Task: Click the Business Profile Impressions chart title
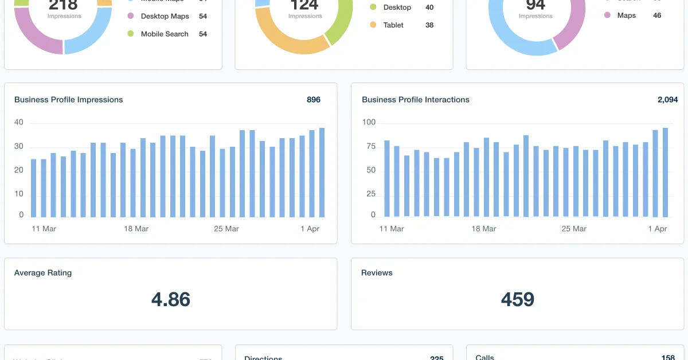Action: pos(68,100)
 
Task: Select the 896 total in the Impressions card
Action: pos(313,100)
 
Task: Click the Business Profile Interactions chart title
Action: pos(415,100)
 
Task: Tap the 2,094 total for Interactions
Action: pos(667,100)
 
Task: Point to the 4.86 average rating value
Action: pos(170,299)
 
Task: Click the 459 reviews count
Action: pos(517,299)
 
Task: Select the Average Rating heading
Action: pos(43,273)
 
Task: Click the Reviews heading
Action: pos(377,273)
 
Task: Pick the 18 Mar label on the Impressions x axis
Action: pos(136,229)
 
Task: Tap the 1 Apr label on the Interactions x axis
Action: pos(658,229)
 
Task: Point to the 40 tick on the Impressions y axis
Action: pos(19,122)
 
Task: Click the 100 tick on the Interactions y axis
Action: pos(369,122)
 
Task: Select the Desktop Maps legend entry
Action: pos(165,16)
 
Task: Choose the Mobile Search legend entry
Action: pos(165,34)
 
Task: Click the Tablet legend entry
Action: pos(393,25)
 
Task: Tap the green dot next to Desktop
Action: pos(373,7)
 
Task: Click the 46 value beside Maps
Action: pos(657,15)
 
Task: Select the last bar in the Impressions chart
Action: pos(322,173)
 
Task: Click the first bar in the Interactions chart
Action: pos(387,178)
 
